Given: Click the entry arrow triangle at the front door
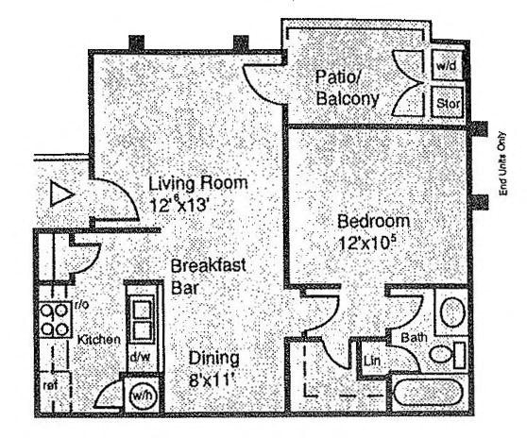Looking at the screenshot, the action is point(60,194).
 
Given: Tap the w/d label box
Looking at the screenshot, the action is point(447,65).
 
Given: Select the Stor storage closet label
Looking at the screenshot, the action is point(448,103).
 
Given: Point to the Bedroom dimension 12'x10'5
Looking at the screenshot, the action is point(366,243).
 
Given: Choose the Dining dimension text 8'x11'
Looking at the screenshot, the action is point(212,380).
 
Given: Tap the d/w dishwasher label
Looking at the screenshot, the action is point(140,358).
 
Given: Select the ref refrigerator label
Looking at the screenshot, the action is point(50,385).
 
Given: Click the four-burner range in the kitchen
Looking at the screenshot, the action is point(55,319).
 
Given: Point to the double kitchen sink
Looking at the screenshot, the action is point(142,320).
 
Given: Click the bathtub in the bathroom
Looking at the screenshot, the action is point(428,393).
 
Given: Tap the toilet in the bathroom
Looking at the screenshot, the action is point(448,355).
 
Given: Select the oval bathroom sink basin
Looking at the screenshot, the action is point(452,312).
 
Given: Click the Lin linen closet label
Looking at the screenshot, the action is point(372,362).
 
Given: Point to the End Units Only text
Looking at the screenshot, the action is point(502,163).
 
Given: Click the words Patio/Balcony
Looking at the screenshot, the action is point(348,88).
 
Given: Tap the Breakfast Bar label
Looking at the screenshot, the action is point(208,277).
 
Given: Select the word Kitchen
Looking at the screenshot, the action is point(99,340).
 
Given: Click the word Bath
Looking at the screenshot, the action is point(414,337).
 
